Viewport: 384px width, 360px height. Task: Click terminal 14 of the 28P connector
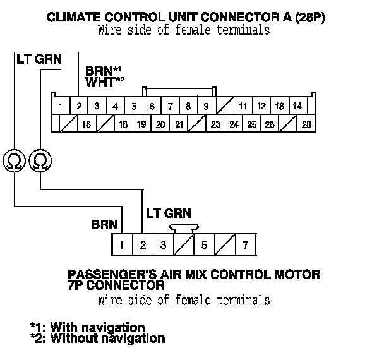297,105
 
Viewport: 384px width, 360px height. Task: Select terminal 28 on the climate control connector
307,124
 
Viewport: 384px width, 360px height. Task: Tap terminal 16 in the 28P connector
86,124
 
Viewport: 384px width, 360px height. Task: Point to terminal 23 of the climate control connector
215,124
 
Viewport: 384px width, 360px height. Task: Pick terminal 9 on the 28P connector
206,105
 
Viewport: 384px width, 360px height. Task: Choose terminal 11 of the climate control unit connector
243,105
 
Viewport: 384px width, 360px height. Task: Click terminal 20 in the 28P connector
160,124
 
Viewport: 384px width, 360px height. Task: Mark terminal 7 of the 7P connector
244,244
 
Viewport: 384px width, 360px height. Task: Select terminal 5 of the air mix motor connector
204,244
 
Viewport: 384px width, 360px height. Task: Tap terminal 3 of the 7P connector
163,244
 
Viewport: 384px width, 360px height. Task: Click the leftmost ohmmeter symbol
14,161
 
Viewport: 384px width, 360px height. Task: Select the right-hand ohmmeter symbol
40,161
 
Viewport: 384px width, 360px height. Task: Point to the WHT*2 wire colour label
104,81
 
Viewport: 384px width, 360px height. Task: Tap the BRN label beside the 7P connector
104,224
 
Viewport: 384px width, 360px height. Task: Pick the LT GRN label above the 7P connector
168,213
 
